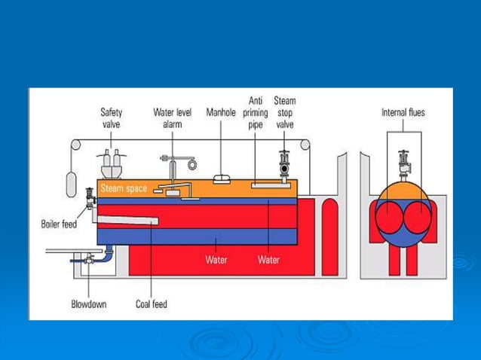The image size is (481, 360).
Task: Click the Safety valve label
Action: tap(112, 117)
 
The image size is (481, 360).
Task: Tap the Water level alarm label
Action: tap(172, 117)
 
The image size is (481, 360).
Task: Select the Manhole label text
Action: tap(221, 112)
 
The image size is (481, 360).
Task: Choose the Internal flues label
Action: tap(403, 112)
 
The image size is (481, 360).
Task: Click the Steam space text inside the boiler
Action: tap(124, 188)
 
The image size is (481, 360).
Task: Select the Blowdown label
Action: tap(89, 304)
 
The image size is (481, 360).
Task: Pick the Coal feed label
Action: tap(152, 304)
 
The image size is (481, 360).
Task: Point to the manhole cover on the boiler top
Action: tap(221, 179)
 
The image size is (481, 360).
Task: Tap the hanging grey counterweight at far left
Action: tap(72, 182)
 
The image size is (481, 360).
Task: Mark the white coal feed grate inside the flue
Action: tap(127, 220)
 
